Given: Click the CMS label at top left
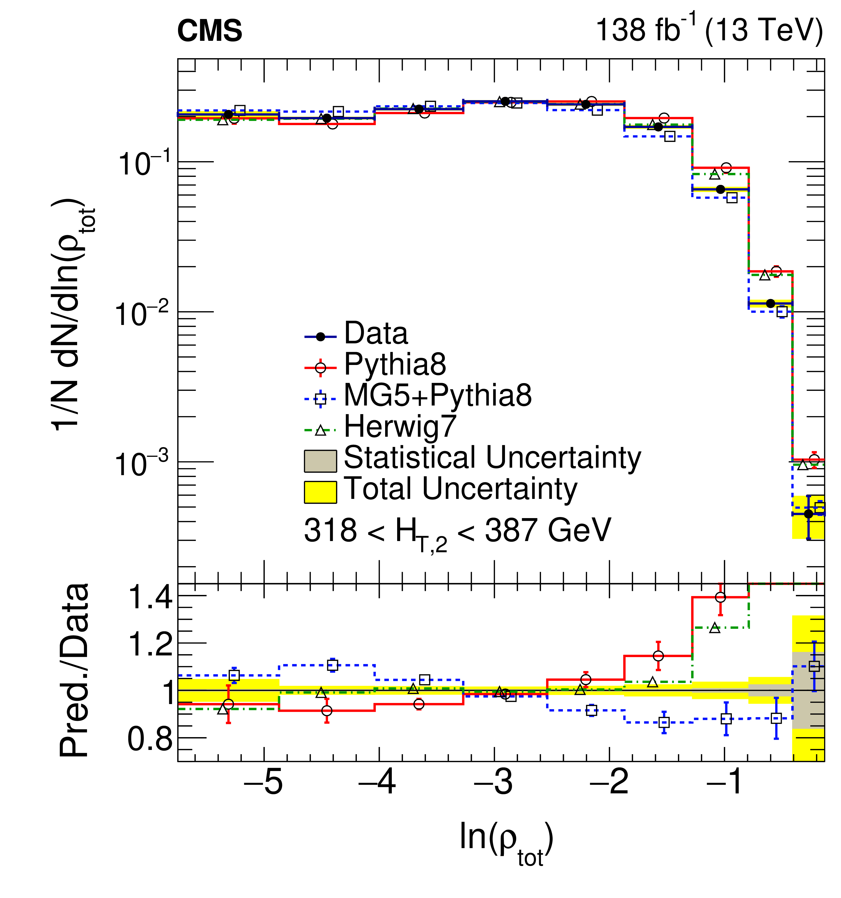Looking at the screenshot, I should [x=209, y=31].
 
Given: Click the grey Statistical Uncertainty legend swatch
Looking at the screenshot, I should [x=320, y=461].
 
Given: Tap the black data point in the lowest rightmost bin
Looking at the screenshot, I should [x=808, y=514].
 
